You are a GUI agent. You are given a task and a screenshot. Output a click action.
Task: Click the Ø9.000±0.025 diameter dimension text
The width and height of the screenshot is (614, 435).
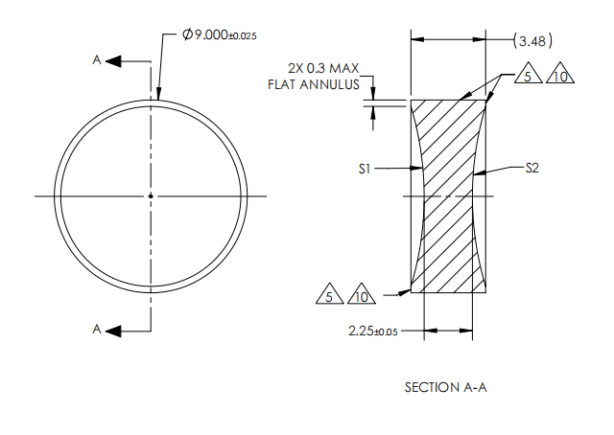click(x=220, y=34)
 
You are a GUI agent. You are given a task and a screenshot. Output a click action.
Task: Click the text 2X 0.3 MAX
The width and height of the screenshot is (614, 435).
click(x=323, y=68)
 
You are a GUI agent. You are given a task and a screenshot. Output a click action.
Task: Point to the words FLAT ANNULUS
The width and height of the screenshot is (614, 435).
click(x=314, y=84)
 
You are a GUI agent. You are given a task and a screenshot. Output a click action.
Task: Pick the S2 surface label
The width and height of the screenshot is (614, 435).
click(x=532, y=168)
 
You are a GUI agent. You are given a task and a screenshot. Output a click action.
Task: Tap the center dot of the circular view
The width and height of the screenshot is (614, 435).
click(x=151, y=195)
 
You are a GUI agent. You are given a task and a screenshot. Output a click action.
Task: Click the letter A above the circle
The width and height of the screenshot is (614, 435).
click(x=96, y=60)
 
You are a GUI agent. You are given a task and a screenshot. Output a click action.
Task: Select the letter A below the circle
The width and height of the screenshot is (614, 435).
click(x=96, y=330)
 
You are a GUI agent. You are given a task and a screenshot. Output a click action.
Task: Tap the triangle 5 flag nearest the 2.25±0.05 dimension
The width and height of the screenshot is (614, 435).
click(x=329, y=296)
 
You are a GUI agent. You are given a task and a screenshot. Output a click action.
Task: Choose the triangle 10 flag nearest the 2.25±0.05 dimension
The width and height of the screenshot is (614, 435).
click(x=362, y=296)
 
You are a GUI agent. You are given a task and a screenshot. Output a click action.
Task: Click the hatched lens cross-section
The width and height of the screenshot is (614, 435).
click(x=448, y=196)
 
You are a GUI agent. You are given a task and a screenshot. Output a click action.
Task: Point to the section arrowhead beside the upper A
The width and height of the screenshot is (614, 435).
click(x=113, y=60)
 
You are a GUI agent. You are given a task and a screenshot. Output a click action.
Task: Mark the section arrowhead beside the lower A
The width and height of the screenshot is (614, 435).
click(x=113, y=330)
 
